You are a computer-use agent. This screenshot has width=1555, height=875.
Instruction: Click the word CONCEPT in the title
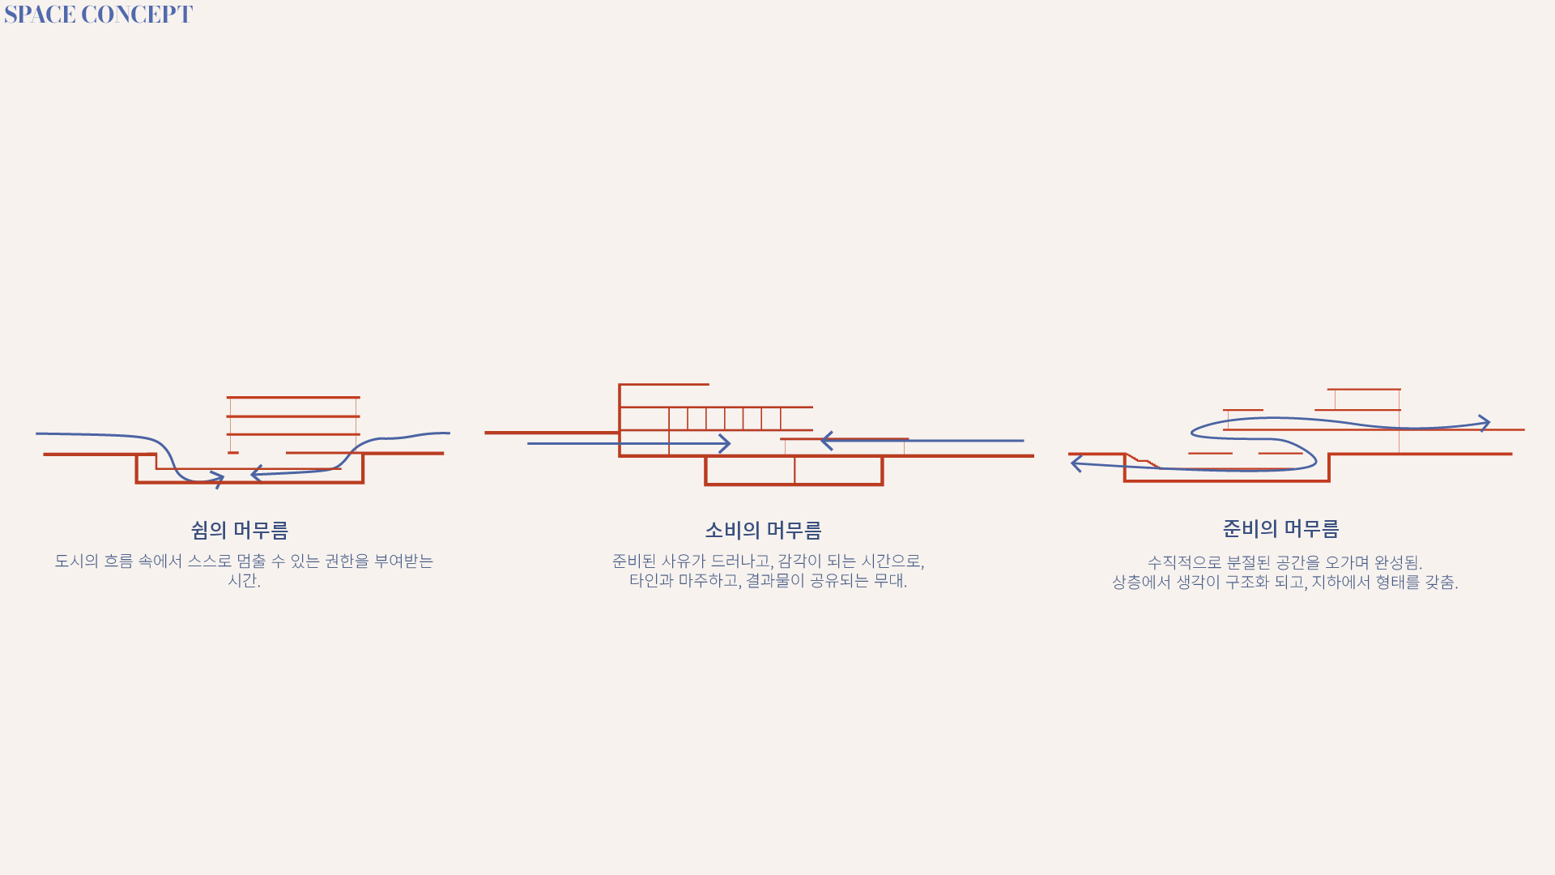[x=137, y=15]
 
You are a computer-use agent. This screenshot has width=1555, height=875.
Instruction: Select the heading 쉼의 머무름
[x=240, y=530]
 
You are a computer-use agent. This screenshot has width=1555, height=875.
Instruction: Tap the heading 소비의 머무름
[x=763, y=530]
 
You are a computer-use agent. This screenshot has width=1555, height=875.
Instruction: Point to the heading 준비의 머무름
[x=1280, y=529]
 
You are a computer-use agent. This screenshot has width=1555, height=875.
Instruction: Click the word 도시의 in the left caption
[x=76, y=561]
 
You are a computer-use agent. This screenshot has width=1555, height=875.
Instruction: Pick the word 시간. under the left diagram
[x=244, y=580]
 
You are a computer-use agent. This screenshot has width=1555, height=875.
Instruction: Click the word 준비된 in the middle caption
[x=633, y=561]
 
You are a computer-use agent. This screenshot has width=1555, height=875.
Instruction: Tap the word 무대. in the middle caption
[x=890, y=580]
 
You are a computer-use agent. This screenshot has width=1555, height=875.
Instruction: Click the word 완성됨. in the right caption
[x=1398, y=562]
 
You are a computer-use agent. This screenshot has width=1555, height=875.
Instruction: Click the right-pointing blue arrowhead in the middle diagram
[x=725, y=444]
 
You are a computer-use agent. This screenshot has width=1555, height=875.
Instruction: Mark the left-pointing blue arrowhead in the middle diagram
[x=827, y=441]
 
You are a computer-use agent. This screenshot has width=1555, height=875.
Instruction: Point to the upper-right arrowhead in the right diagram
[x=1485, y=423]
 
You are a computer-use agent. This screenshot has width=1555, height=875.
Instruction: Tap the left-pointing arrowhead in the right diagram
[x=1076, y=463]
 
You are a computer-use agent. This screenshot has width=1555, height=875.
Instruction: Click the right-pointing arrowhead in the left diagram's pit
[x=218, y=479]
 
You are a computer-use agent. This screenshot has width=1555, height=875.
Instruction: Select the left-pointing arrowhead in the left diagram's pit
[x=256, y=473]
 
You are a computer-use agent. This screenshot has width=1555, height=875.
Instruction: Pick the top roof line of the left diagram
[x=293, y=397]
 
